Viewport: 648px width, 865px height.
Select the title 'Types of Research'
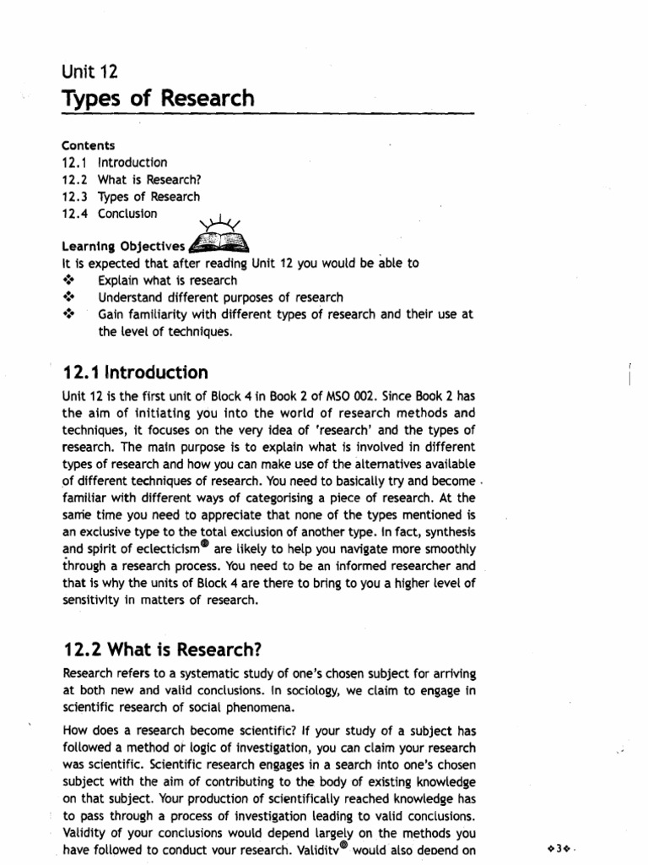pyautogui.click(x=158, y=100)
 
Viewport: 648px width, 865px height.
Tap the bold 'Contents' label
pyautogui.click(x=89, y=145)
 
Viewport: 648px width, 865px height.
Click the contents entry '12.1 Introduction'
pyautogui.click(x=115, y=162)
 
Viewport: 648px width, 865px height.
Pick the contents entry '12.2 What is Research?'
pyautogui.click(x=133, y=179)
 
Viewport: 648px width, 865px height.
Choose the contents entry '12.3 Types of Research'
pyautogui.click(x=131, y=197)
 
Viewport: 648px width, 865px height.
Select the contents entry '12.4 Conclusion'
pyautogui.click(x=110, y=214)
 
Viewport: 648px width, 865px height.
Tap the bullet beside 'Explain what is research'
pyautogui.click(x=70, y=280)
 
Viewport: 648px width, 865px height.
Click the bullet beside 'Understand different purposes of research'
pyautogui.click(x=70, y=297)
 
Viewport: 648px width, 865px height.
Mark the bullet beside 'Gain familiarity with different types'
pyautogui.click(x=70, y=314)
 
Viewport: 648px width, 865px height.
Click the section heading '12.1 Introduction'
pyautogui.click(x=136, y=373)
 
